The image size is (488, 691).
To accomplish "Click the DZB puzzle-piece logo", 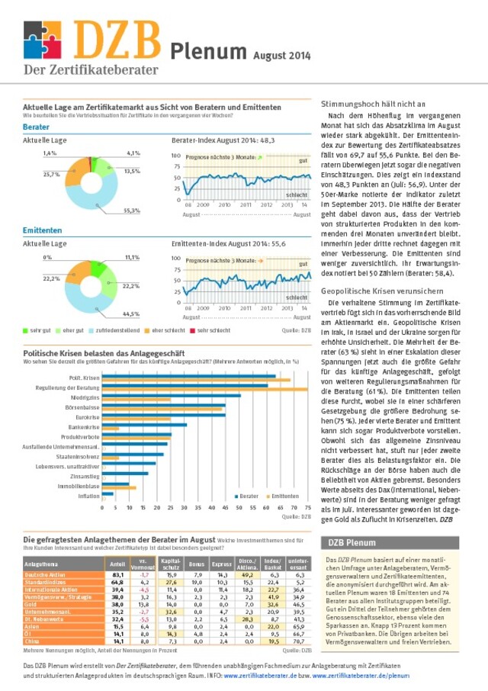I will pyautogui.click(x=42, y=40).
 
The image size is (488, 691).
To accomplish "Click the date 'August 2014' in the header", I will pyautogui.click(x=282, y=55).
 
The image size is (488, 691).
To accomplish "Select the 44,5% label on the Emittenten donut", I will pyautogui.click(x=131, y=313).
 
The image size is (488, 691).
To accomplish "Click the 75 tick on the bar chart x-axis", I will pyautogui.click(x=307, y=506).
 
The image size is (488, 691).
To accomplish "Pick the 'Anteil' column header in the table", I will pyautogui.click(x=117, y=564).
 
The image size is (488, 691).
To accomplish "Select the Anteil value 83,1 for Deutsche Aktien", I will pyautogui.click(x=118, y=574).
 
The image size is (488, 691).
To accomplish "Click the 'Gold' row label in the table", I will pyautogui.click(x=32, y=603).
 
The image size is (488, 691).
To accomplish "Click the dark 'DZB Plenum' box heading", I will pyautogui.click(x=352, y=543).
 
